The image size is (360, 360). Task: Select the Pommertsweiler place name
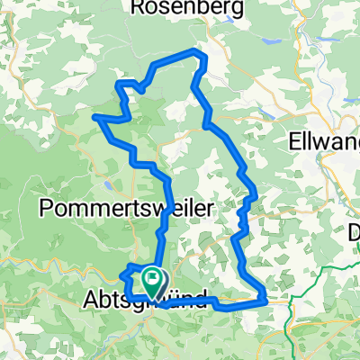(x=128, y=208)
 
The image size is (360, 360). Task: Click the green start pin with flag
(x=154, y=282)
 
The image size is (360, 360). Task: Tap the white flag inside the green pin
(x=154, y=278)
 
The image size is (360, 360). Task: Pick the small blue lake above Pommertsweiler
(x=108, y=186)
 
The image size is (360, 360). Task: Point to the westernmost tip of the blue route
(x=94, y=115)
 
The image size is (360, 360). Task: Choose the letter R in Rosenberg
(x=138, y=8)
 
